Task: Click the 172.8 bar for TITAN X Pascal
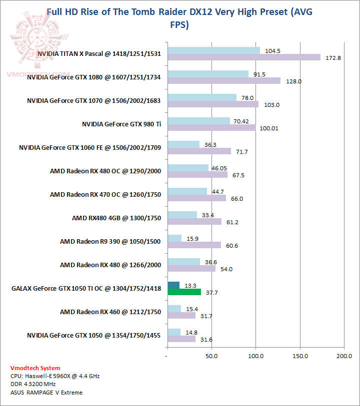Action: tap(244, 57)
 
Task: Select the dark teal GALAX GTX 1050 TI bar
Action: tap(173, 285)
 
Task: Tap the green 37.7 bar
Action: tap(184, 292)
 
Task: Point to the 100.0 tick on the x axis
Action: tap(255, 356)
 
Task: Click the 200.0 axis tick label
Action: tap(344, 356)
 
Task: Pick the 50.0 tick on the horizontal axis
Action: tap(211, 356)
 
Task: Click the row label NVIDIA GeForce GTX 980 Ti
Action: tap(121, 124)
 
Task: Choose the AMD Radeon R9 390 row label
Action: tap(110, 242)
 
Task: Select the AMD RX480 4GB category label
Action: tap(116, 218)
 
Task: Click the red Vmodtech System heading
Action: tap(35, 368)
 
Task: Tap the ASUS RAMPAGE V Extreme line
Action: tap(46, 392)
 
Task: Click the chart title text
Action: tap(180, 18)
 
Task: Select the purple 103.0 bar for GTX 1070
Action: tap(213, 104)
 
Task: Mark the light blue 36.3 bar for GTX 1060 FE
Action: tap(183, 144)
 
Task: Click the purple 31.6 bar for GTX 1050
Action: tap(181, 339)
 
